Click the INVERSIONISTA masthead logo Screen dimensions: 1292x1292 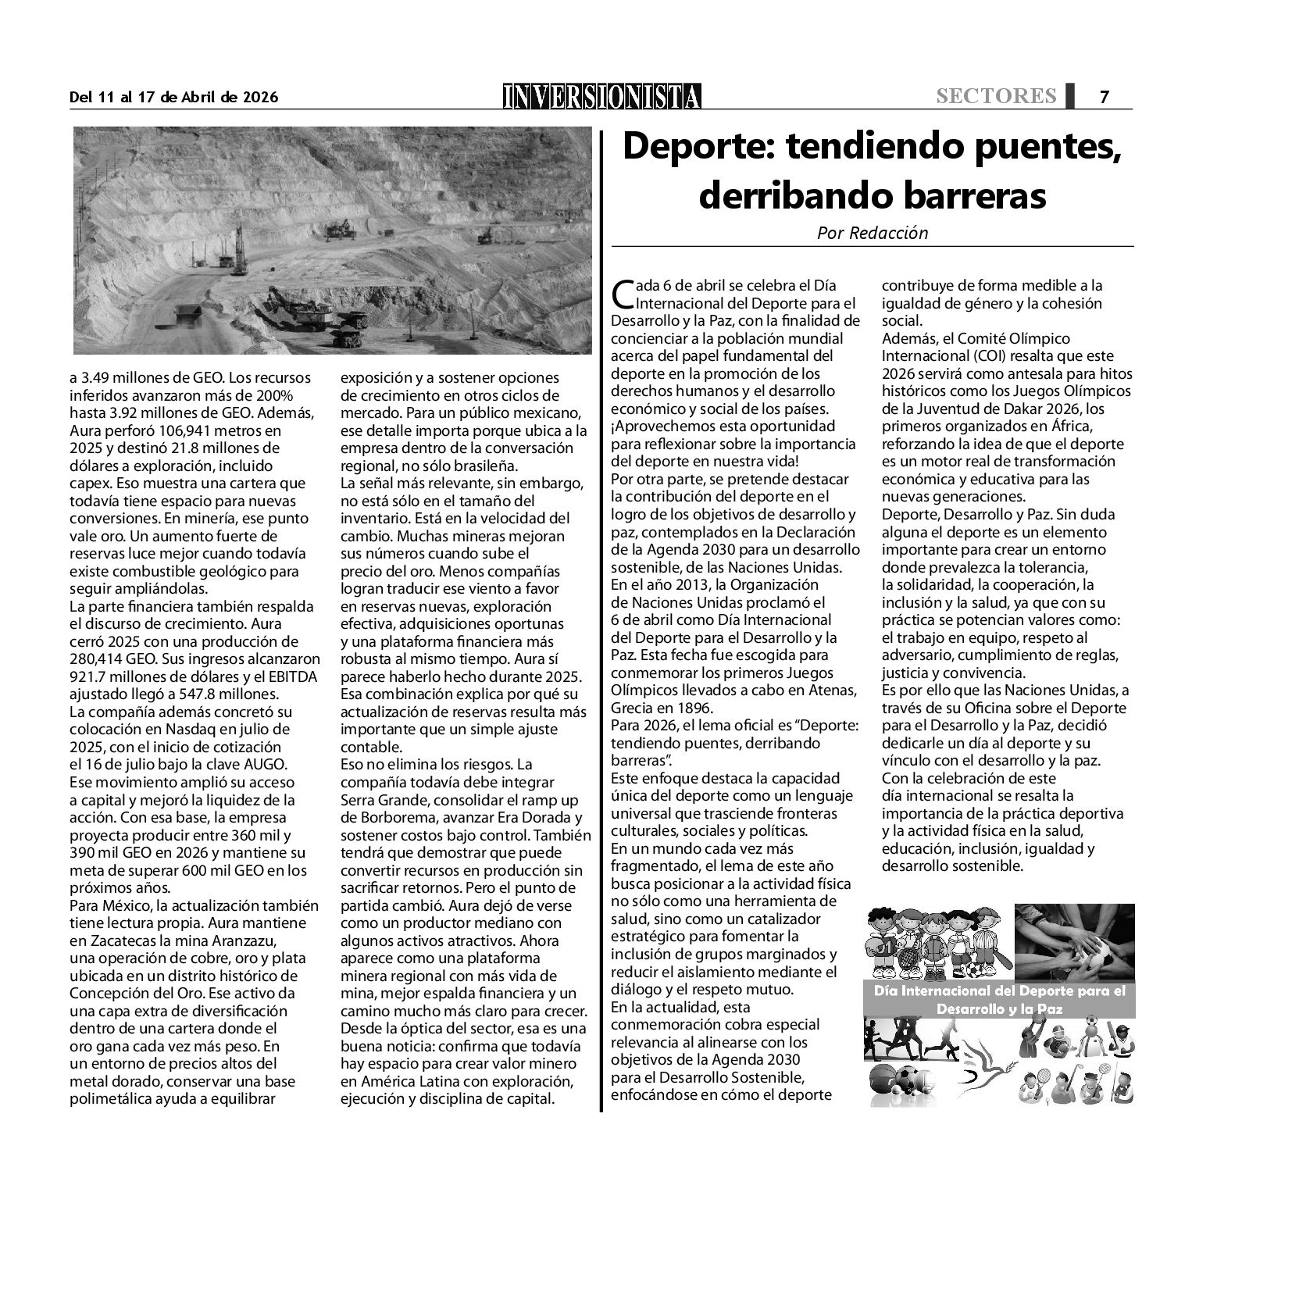click(601, 96)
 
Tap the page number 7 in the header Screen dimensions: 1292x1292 click(1105, 97)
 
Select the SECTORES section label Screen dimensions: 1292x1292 click(996, 96)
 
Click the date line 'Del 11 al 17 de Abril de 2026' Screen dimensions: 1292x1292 click(173, 98)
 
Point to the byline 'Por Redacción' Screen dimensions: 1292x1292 click(873, 233)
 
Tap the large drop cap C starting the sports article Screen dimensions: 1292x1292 click(623, 294)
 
